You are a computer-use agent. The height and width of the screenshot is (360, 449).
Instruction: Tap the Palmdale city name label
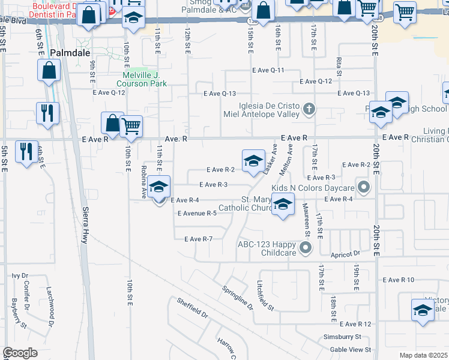70,53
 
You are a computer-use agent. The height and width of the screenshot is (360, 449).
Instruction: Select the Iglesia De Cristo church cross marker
309,109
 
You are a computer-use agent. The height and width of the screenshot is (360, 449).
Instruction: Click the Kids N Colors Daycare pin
363,187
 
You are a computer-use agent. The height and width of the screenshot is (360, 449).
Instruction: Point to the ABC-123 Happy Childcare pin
306,247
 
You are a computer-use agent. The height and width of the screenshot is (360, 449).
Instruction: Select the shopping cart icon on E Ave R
131,126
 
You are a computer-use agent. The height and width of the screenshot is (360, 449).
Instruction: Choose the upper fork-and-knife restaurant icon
47,113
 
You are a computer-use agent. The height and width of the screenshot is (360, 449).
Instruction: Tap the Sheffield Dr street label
191,306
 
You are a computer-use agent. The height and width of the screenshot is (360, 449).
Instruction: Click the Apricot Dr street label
348,254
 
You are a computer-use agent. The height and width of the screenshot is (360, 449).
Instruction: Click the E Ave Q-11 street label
268,70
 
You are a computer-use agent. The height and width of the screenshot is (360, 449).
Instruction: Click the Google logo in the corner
20,353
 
